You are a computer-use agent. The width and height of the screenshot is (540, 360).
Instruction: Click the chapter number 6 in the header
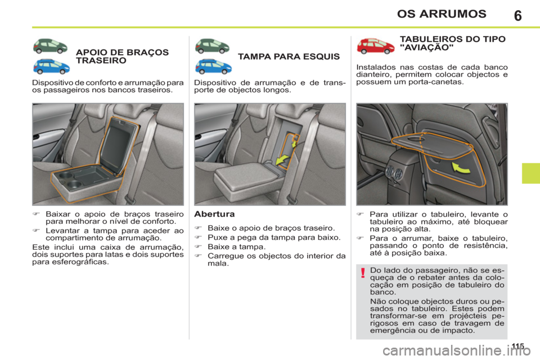(x=517, y=15)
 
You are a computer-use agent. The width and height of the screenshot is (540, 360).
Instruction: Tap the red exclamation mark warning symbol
(x=363, y=274)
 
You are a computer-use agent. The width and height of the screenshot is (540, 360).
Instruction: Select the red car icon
(x=375, y=46)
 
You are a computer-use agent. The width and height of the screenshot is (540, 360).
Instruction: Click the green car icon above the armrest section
(x=52, y=45)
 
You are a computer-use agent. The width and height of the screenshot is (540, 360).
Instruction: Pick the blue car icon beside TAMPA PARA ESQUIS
(x=213, y=66)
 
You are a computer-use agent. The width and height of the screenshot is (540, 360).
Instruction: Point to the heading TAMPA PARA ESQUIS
(x=289, y=57)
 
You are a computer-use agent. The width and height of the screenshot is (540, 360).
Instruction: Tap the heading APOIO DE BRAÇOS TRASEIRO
(x=121, y=56)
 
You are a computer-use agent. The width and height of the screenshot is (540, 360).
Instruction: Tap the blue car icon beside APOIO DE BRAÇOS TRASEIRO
(x=52, y=66)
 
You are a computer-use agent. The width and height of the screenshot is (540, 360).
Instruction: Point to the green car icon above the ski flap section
(x=213, y=45)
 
